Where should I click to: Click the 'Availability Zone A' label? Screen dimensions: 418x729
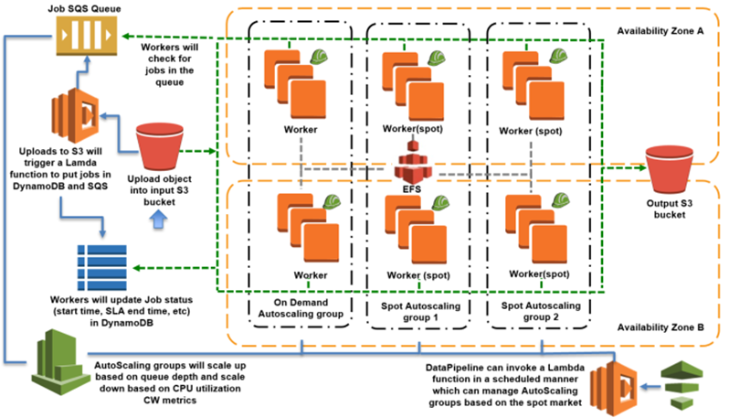[x=658, y=30]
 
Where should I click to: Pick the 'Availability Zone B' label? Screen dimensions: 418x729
[x=658, y=327]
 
